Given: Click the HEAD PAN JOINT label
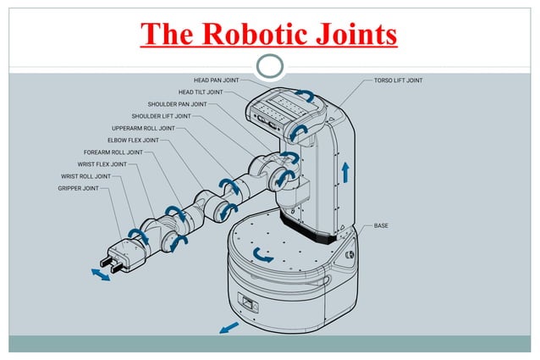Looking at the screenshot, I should click(218, 80).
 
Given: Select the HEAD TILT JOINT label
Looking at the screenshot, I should click(201, 92).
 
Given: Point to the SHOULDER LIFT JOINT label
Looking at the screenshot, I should click(161, 116).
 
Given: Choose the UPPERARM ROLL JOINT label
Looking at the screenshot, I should click(143, 128).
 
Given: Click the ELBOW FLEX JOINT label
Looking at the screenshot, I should click(133, 140).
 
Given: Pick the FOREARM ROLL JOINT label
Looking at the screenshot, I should click(113, 152).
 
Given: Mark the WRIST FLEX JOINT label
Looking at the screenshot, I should click(102, 164).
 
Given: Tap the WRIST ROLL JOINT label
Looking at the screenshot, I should click(85, 176).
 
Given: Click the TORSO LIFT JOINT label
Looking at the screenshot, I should click(398, 80).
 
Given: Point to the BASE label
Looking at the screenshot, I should click(381, 226).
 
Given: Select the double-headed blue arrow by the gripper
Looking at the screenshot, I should click(100, 275).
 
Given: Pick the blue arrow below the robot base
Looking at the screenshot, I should click(228, 327).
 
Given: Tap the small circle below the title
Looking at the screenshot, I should click(270, 66).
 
